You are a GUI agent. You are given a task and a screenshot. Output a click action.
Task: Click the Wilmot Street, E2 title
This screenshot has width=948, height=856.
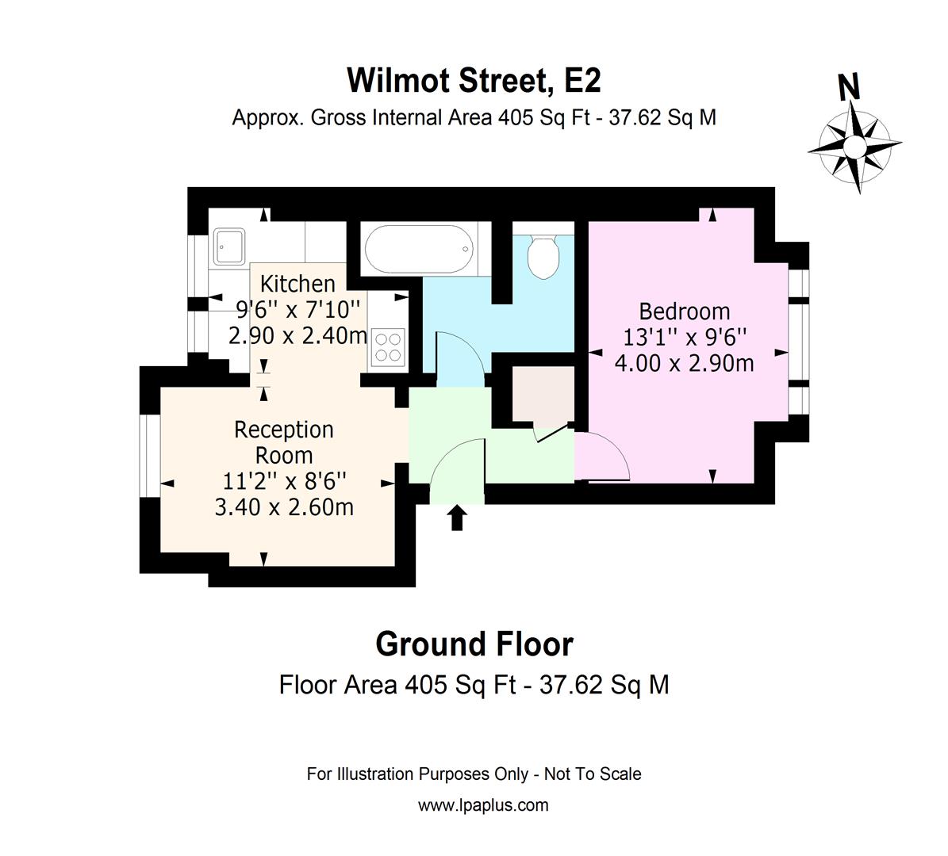coord(474,80)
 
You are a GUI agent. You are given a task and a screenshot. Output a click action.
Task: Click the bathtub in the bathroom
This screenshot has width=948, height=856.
coord(419,247)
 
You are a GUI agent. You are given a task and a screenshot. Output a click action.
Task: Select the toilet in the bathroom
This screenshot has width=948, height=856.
coord(543,256)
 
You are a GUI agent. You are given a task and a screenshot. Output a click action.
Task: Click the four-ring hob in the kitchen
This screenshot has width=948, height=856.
coord(388,347)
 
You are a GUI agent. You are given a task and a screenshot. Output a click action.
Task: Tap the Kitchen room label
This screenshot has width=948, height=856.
coord(297,283)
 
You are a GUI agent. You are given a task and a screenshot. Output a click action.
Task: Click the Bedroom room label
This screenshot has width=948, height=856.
coord(684,311)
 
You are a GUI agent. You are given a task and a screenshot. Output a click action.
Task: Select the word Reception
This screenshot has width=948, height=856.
coord(283,430)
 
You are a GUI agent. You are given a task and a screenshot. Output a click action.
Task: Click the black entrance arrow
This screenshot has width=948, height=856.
coord(456,518)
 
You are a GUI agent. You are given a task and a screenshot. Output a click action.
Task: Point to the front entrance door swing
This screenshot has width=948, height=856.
coord(455,470)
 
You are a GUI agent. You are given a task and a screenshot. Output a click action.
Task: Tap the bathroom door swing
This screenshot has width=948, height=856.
coord(459,360)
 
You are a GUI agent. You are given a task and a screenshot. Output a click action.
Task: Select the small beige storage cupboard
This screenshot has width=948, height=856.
coord(543,394)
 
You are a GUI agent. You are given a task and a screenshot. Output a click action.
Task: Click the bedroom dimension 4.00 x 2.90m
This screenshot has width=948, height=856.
coord(684,364)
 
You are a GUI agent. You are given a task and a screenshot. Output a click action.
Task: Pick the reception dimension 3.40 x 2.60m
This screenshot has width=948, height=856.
coord(283,506)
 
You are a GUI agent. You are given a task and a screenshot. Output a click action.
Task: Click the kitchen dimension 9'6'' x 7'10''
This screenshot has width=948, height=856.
coord(297,309)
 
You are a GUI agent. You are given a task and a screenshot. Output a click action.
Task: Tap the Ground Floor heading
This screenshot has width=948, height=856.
coord(474,644)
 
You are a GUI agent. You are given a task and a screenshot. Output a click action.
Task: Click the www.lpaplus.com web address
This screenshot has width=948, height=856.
coord(482,805)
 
